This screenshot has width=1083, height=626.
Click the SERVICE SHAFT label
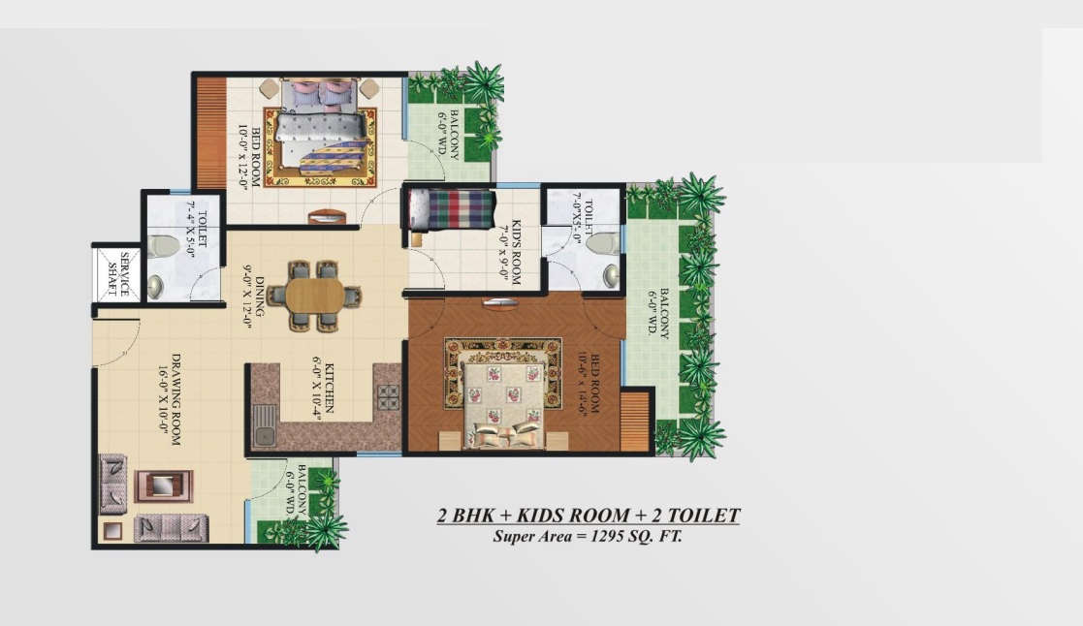pos(116,274)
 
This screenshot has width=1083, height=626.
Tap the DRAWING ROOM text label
pos(176,399)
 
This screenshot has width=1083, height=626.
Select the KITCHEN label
pos(329,388)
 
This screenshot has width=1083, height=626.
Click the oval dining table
pos(315,297)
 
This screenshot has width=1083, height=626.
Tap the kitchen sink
pos(264,425)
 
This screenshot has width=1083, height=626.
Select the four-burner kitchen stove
pos(388,397)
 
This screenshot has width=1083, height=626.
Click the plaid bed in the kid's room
pos(451,210)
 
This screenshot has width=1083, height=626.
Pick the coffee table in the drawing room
pos(164,485)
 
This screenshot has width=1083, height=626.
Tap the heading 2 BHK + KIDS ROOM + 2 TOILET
pos(589,516)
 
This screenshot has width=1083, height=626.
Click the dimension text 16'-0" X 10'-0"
pos(163,399)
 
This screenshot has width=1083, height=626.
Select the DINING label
pos(259,297)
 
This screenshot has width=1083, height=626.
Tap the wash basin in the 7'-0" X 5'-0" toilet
pos(611,275)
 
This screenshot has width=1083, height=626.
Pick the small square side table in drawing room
pos(111,531)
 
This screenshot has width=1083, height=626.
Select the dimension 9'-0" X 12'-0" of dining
pos(246,297)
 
